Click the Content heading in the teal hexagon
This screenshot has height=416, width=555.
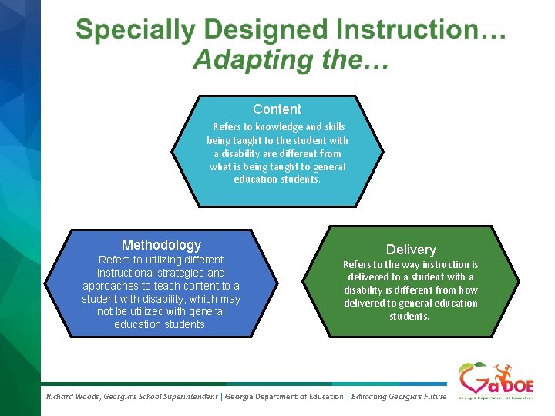277,109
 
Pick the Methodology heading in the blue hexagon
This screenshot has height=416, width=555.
161,245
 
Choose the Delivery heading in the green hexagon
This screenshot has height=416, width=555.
411,250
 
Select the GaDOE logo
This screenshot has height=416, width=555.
496,381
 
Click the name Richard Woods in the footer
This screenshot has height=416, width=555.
74,396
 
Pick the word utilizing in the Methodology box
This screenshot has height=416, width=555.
154,260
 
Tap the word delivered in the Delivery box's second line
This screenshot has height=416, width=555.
368,277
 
